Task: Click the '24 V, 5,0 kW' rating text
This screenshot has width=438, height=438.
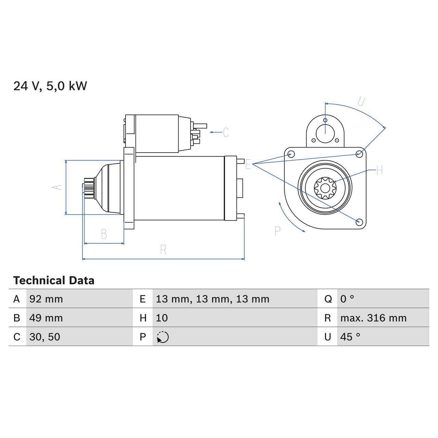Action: click(x=50, y=86)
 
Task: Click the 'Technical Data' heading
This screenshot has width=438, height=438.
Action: click(x=54, y=281)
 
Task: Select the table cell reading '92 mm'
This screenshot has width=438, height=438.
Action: click(x=46, y=299)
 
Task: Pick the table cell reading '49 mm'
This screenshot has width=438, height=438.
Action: click(x=46, y=318)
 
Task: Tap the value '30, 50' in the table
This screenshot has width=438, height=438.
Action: click(x=44, y=337)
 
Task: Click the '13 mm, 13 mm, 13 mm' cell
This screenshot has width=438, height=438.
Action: click(x=212, y=299)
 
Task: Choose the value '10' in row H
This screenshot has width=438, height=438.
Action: click(x=162, y=318)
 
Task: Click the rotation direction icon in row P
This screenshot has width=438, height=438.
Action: click(x=163, y=337)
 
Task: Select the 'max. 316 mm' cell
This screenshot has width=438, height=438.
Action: click(x=373, y=318)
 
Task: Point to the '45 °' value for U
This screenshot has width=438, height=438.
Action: click(x=350, y=337)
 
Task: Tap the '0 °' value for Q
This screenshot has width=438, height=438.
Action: click(x=347, y=299)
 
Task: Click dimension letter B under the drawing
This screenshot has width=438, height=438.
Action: click(x=104, y=234)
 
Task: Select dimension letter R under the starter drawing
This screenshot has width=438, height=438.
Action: click(x=163, y=250)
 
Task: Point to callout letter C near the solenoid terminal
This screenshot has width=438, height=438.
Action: click(x=226, y=132)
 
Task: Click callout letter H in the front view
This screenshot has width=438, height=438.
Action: click(x=379, y=170)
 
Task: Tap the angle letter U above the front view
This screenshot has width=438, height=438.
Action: click(x=361, y=102)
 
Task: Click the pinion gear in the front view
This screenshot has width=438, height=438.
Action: click(x=325, y=188)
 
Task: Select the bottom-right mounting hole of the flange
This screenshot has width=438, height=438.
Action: click(x=359, y=222)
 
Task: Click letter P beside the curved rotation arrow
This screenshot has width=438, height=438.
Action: click(x=278, y=231)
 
